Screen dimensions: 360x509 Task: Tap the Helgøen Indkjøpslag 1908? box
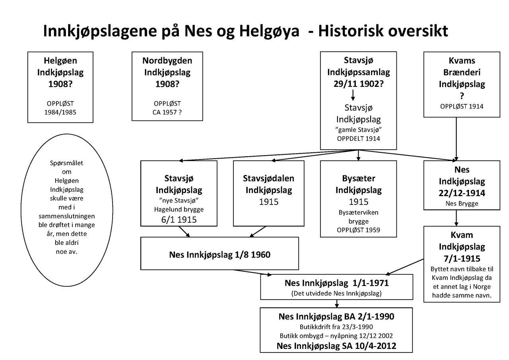tap(60, 87)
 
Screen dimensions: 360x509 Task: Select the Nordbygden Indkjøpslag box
tap(167, 86)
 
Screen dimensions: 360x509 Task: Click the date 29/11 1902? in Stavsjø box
tap(358, 84)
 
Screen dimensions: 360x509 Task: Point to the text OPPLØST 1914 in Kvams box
tap(462, 107)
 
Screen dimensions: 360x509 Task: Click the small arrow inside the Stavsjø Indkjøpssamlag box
tap(353, 95)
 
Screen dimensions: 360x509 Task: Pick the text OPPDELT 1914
tap(358, 139)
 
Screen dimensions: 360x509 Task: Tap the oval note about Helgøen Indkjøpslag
tap(66, 210)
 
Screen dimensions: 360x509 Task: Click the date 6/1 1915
tap(179, 220)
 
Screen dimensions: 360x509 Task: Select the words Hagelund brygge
tap(179, 209)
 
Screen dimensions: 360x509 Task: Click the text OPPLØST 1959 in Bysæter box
tap(358, 230)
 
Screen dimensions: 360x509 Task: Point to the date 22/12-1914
tap(462, 193)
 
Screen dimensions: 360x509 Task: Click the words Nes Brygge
tap(462, 204)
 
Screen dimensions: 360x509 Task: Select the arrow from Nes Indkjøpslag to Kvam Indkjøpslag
tap(456, 218)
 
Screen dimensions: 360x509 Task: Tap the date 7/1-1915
tap(462, 258)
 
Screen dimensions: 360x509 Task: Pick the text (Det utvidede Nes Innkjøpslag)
tap(336, 294)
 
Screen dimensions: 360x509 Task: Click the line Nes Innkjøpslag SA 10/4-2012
tap(336, 346)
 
